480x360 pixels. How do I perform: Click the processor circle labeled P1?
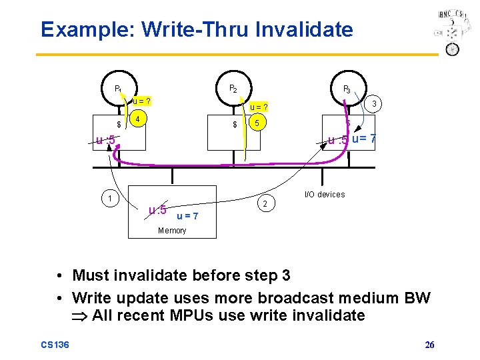pos(118,88)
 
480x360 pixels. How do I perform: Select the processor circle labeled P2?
pos(233,88)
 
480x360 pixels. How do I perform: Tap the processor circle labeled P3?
pos(347,89)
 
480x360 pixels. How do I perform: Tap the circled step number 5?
pos(257,123)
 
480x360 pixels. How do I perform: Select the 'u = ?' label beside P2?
pos(259,107)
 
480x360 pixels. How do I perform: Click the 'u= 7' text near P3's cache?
pos(364,139)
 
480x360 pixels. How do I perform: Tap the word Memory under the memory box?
pos(172,231)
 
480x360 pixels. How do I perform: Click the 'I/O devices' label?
pos(325,195)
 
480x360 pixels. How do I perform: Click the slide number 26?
pos(430,344)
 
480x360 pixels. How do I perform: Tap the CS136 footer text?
pos(54,344)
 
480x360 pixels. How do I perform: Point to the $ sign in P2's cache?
pos(235,125)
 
